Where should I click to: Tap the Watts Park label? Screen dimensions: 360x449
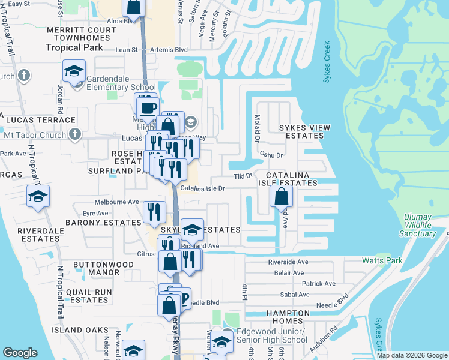point(382,260)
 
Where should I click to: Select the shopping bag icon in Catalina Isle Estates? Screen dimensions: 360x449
point(281,196)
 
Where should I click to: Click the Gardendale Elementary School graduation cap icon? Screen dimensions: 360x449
point(74,72)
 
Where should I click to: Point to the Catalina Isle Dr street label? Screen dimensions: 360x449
point(203,188)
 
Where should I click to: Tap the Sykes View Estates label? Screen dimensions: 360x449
point(304,132)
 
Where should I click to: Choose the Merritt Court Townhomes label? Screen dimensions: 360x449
point(80,34)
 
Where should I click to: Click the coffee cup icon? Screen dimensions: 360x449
point(147,109)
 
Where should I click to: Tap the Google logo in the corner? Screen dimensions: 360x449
point(20,353)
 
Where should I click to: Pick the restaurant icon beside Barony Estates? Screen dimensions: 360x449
point(154,211)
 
